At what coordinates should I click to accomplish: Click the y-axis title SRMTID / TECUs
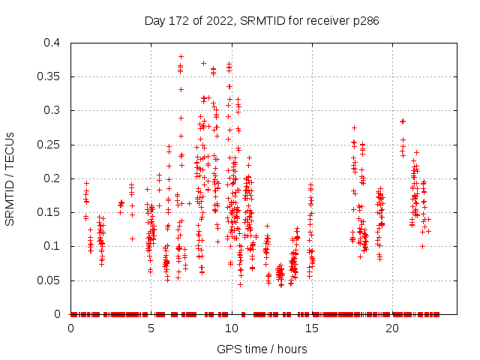[10, 178]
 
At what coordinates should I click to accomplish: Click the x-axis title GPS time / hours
[262, 349]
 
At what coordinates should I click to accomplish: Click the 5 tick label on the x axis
[151, 328]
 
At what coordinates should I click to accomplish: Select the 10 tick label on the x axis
[232, 328]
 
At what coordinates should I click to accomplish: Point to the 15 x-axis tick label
[312, 328]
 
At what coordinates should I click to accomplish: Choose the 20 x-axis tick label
[392, 328]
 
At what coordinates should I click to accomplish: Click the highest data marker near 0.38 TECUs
[181, 56]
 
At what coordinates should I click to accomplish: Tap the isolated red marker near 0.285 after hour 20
[403, 121]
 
